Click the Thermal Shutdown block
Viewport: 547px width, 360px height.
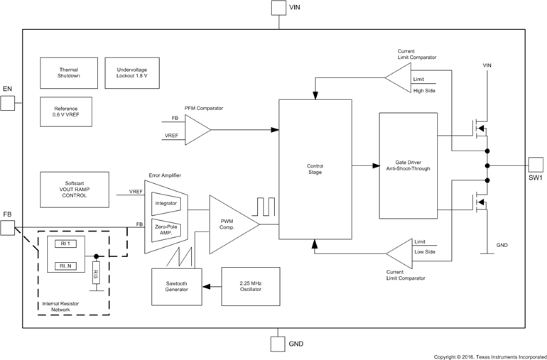coord(69,72)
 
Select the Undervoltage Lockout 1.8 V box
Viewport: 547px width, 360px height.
coord(132,72)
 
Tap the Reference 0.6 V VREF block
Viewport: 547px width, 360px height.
coord(66,111)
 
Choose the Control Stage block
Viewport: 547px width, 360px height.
coord(315,169)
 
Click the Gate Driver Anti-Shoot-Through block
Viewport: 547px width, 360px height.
coord(408,165)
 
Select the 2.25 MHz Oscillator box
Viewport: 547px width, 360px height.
coord(251,286)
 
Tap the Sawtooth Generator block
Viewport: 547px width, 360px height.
coord(177,286)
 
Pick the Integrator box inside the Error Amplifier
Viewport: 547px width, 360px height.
coord(166,203)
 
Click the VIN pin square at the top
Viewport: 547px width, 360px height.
coord(278,8)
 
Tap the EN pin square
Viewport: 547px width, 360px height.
coord(8,103)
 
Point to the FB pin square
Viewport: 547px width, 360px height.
coord(8,228)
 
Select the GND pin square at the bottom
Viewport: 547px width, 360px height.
coord(278,344)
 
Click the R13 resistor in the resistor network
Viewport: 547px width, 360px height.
coord(96,271)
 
